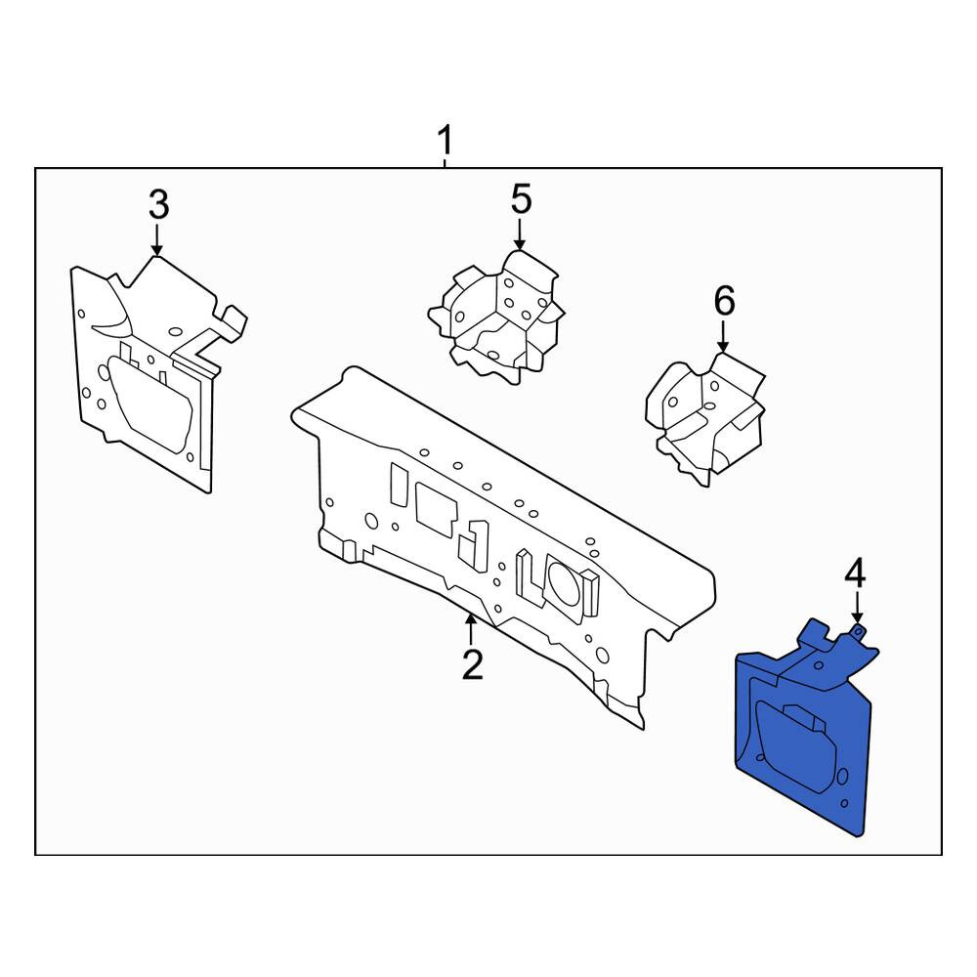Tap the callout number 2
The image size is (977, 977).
[x=472, y=664]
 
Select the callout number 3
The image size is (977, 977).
[x=159, y=204]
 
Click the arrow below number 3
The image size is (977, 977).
[x=157, y=240]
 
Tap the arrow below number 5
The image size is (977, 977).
[x=520, y=234]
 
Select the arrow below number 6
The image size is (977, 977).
[x=723, y=337]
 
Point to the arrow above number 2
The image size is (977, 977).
[x=471, y=629]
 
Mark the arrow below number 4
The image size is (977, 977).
[x=858, y=608]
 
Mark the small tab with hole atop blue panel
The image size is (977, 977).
[x=859, y=633]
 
